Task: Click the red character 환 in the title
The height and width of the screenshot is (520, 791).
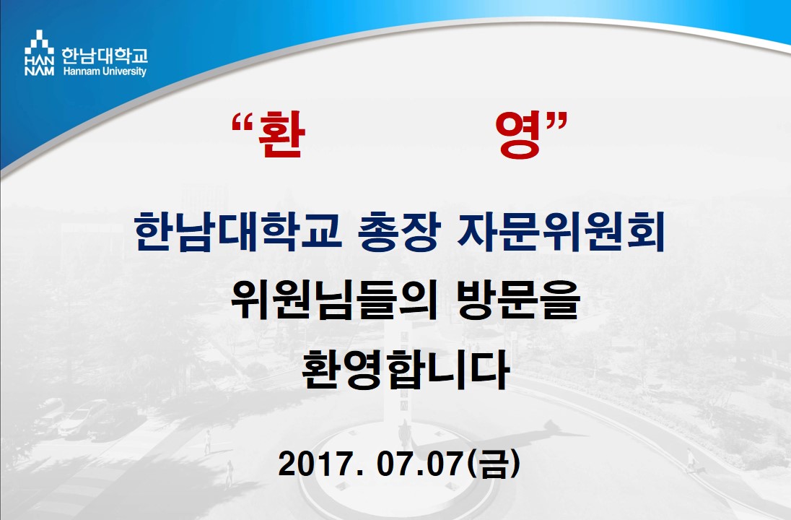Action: click(281, 135)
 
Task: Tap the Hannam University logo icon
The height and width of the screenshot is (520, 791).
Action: click(40, 53)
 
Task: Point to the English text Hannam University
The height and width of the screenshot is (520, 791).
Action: click(105, 71)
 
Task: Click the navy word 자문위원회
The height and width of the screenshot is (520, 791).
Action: click(561, 231)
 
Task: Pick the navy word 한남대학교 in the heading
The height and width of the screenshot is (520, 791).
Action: click(238, 231)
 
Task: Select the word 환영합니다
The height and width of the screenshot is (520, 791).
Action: click(405, 369)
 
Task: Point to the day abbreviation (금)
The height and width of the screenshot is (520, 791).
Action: click(493, 464)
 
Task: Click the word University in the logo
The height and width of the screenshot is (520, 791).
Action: click(125, 71)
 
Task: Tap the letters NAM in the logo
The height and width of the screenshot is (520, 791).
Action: click(40, 71)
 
